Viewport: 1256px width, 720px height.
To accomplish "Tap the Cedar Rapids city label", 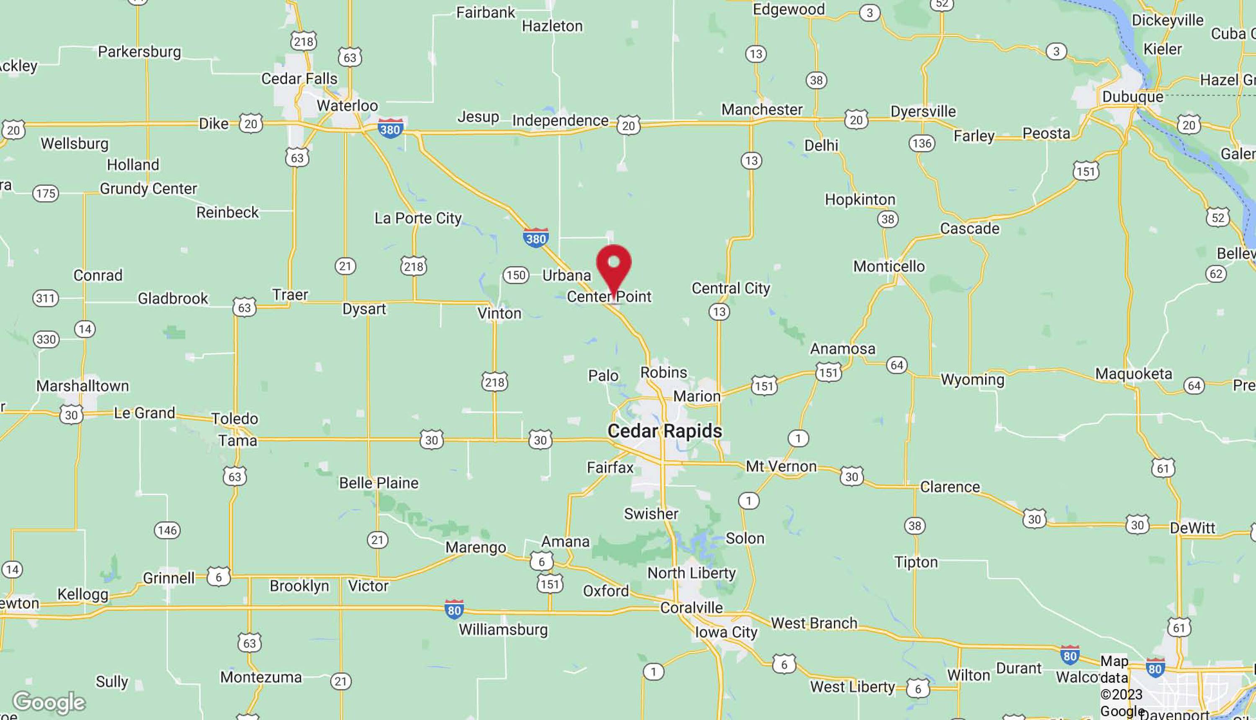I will (664, 431).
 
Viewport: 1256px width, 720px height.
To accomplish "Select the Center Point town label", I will (609, 296).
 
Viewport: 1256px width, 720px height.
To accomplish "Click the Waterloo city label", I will (347, 105).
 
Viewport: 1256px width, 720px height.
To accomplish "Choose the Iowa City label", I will (726, 632).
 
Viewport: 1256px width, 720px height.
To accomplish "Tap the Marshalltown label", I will (82, 386).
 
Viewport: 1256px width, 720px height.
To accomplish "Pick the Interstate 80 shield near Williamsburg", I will (454, 609).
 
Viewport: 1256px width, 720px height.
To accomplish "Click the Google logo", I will (49, 702).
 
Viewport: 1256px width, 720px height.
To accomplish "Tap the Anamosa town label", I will (842, 348).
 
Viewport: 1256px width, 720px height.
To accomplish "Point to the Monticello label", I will (889, 266).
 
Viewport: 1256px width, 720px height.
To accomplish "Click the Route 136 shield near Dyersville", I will (921, 143).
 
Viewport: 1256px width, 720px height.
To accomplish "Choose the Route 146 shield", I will (167, 530).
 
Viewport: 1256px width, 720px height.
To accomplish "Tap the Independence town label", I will (560, 120).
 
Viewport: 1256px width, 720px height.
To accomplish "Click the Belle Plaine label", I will (378, 483).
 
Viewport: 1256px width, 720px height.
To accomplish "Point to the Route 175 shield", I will (46, 193).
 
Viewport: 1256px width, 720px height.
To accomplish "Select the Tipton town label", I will (916, 562).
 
